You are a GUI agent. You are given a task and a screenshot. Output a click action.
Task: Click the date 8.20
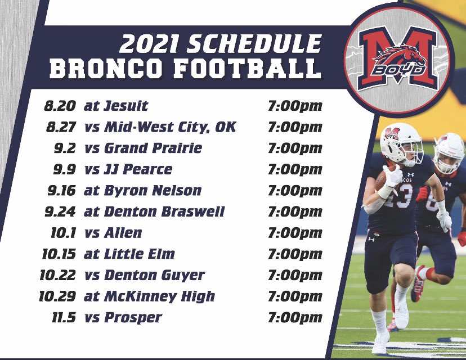[x=60, y=105]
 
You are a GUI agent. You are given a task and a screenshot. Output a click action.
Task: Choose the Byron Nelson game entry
[x=142, y=190]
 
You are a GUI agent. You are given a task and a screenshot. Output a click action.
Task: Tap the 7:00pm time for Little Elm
[x=295, y=254]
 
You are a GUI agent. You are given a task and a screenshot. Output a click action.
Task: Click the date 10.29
[x=57, y=296]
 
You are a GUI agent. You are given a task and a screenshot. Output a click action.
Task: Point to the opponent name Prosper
[x=132, y=318]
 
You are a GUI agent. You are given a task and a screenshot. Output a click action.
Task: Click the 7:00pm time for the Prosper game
[x=295, y=318]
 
